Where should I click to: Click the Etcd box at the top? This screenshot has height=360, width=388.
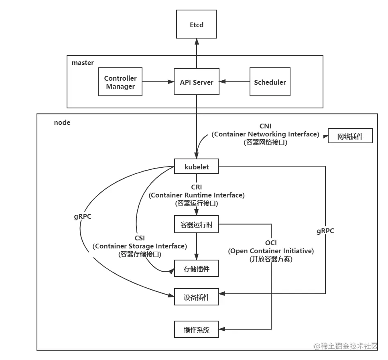(196, 25)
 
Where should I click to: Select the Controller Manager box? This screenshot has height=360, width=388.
(120, 82)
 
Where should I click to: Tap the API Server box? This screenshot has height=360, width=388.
(197, 82)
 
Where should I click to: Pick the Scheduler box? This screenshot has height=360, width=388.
(270, 82)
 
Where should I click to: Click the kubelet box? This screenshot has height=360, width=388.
(197, 167)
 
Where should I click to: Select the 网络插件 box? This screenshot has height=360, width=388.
(350, 136)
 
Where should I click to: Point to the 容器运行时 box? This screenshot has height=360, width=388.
(197, 225)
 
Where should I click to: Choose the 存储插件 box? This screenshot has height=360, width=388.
(197, 269)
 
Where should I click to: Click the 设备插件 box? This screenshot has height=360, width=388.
(197, 298)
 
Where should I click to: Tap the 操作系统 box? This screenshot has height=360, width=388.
(197, 330)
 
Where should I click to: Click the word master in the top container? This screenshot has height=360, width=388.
(83, 63)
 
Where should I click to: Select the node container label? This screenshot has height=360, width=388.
(62, 122)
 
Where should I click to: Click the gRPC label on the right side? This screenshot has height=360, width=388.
(325, 231)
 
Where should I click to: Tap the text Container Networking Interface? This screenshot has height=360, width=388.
(266, 134)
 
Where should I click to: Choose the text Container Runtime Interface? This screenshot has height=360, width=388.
(197, 195)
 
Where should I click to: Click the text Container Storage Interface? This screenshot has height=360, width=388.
(140, 246)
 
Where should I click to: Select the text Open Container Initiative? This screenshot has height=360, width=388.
(271, 251)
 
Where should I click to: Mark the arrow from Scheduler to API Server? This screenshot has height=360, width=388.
(234, 82)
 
